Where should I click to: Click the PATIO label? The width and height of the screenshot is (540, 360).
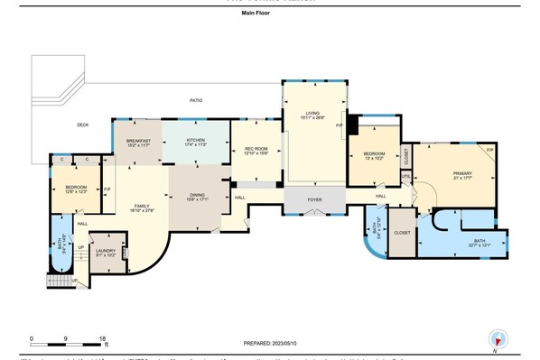pos(195,100)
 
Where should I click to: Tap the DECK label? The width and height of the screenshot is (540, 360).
pos(82,125)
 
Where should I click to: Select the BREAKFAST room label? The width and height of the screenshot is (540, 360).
pos(137,141)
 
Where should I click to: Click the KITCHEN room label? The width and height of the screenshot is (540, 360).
pos(196,141)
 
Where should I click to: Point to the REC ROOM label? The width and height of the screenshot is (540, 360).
pos(256,150)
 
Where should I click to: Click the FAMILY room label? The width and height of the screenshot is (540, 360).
pos(142,206)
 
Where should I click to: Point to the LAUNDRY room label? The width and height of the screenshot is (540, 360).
pos(107,251)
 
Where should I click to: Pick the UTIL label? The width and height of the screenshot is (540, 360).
pos(406,176)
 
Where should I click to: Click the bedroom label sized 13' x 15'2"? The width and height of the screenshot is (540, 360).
pos(374,155)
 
